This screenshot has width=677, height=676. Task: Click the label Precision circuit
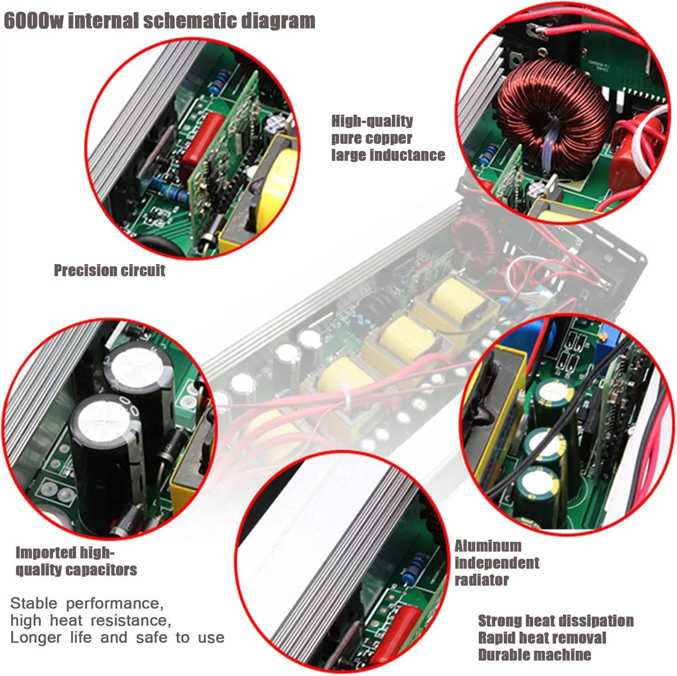tap(110, 270)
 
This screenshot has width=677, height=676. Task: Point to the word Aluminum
tap(488, 546)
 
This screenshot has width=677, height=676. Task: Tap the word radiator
tap(482, 580)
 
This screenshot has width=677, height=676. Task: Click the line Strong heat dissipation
tap(556, 621)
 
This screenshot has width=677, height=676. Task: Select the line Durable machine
tap(534, 655)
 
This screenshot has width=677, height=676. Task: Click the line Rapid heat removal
tap(542, 638)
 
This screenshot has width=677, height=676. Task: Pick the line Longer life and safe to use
tap(117, 638)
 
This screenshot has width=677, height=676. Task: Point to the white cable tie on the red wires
tap(348, 396)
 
